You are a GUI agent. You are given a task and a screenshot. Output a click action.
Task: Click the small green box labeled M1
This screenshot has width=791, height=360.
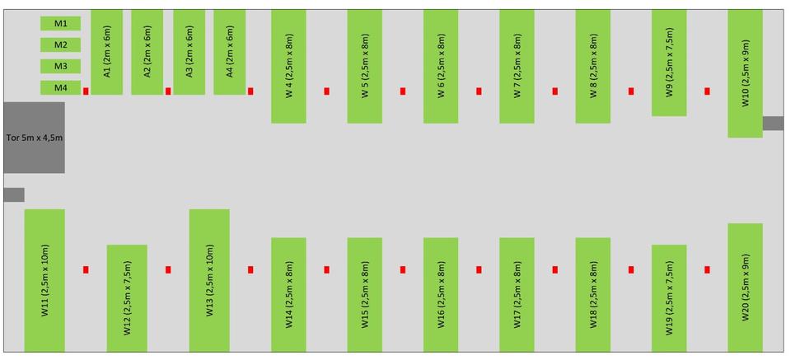coord(60,23)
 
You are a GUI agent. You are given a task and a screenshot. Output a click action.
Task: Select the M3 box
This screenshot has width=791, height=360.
coord(60,66)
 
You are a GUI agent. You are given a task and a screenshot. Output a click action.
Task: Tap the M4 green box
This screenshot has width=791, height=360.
coord(60,87)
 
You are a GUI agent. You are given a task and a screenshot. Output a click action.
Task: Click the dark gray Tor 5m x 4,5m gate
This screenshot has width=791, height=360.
coord(35,138)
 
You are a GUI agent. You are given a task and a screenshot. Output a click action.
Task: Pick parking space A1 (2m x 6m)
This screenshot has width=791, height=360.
coord(107,52)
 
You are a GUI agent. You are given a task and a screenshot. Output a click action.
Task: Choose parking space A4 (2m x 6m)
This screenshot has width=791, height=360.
coord(230,52)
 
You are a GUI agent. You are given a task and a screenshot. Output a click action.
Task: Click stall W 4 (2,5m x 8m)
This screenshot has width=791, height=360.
coord(288,66)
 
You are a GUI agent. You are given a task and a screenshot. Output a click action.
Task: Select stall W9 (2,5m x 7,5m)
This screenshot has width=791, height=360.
coord(669,63)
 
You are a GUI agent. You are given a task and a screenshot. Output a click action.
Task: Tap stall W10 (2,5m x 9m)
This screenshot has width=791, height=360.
coord(745,73)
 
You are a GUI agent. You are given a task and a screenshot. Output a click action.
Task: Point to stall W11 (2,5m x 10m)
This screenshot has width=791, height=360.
coord(44,280)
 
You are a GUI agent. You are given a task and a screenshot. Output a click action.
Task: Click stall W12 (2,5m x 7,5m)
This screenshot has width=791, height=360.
coord(127,298)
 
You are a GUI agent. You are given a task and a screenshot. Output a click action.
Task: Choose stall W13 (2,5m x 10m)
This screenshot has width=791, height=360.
coord(209,280)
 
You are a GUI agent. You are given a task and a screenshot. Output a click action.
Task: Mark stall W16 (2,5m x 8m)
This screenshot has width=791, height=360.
coord(441,294)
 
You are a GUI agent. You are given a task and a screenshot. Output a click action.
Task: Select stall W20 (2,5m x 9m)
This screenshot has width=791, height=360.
coord(745,288)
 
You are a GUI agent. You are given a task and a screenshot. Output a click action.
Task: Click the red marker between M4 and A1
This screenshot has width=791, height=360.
coord(86,91)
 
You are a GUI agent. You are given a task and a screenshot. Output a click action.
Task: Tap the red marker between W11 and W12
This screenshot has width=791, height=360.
coord(86,269)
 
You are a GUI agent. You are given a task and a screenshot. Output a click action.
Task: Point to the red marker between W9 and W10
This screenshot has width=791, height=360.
coord(707,91)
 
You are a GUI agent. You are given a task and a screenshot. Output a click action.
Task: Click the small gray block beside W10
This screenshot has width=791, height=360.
coord(773,124)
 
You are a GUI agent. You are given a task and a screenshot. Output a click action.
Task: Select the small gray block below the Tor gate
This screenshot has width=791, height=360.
coord(14,194)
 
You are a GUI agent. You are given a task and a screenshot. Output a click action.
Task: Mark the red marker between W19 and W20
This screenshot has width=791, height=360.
coord(707,269)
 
